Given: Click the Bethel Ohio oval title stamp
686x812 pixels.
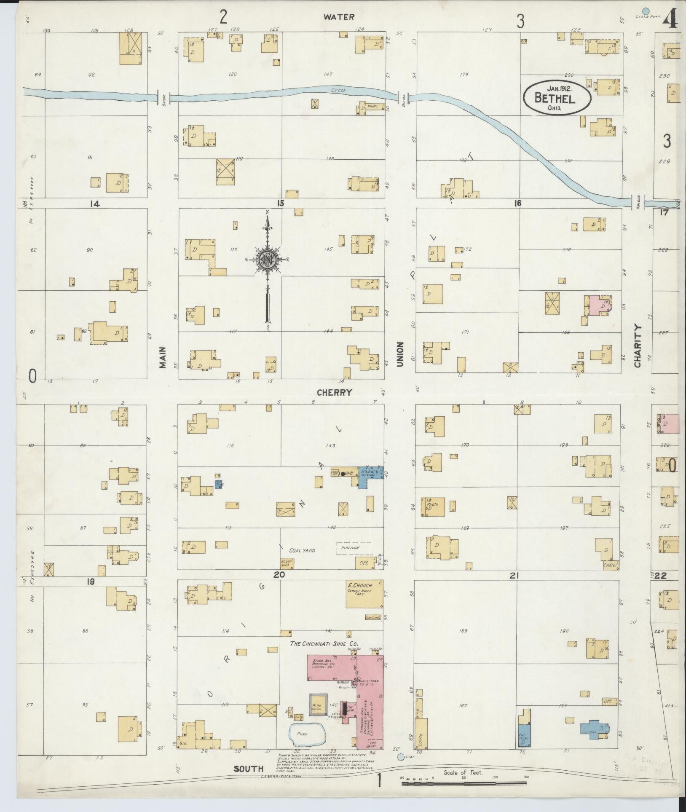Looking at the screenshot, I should point(557,97).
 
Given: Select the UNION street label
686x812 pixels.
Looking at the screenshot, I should point(400,354).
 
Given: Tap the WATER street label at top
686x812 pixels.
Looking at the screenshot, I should point(339,17).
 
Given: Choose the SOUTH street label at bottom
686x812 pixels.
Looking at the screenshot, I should point(248,769).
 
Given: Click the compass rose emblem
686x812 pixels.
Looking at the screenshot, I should point(267,260).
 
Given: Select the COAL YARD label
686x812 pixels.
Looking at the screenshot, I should point(302,550).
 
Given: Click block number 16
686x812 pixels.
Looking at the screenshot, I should point(517,203).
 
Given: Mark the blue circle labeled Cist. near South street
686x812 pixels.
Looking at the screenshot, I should point(401,757).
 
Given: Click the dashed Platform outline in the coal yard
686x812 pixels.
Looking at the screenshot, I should point(353,548).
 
